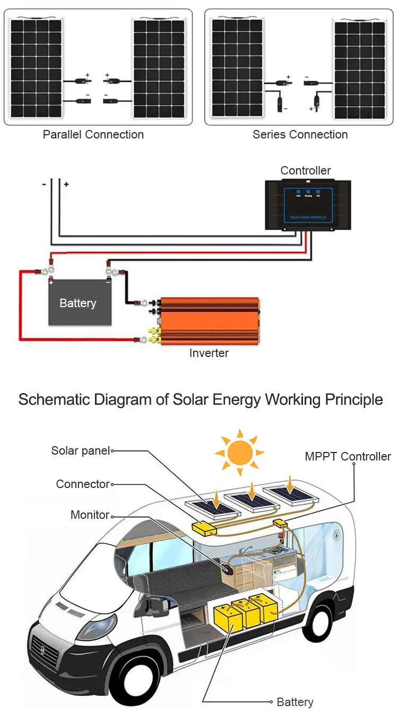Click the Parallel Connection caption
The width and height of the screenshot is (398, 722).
[x=93, y=134]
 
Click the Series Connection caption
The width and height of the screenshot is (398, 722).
[x=300, y=134]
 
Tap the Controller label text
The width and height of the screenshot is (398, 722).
[x=305, y=170]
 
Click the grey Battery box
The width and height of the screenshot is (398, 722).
[x=80, y=302]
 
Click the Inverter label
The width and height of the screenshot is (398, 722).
[x=209, y=353]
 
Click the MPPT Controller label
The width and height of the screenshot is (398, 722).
[x=348, y=456]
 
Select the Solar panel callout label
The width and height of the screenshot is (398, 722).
[x=80, y=451]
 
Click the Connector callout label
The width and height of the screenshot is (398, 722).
[x=83, y=484]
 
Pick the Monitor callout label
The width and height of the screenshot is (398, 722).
[x=90, y=515]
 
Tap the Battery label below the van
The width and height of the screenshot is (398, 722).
[x=295, y=702]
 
